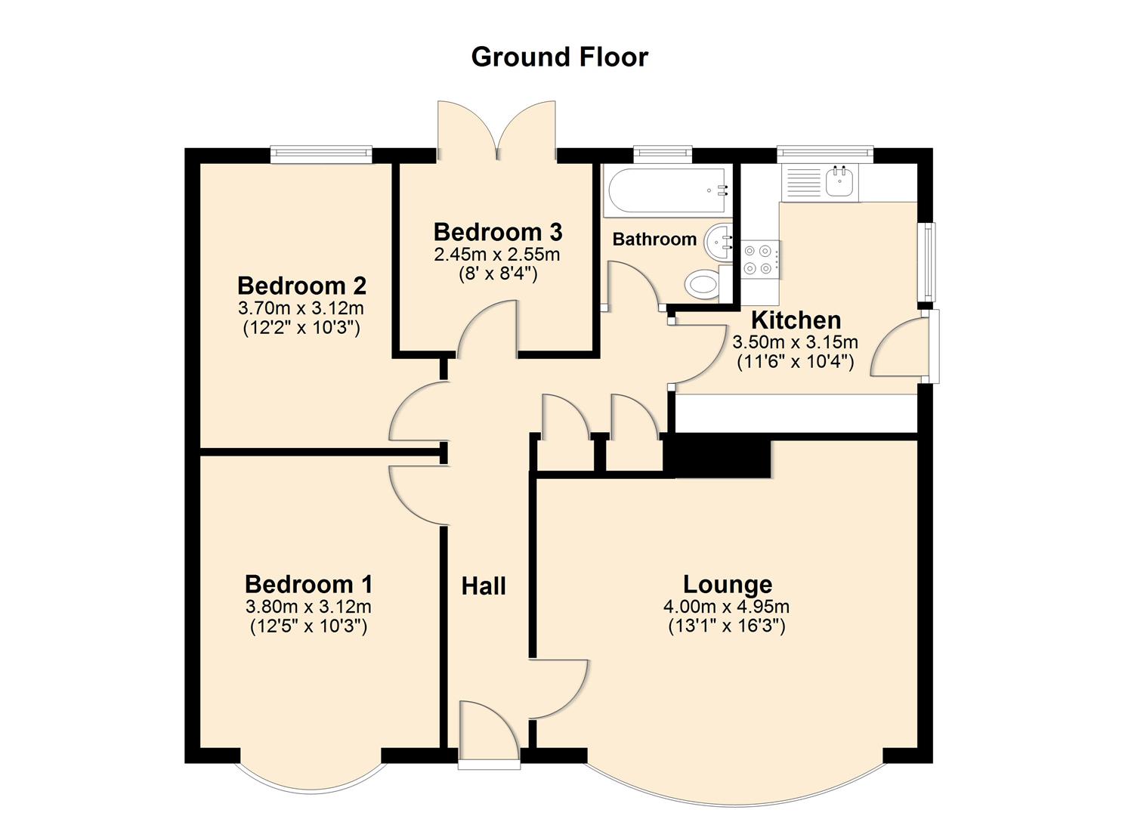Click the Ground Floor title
[559, 57]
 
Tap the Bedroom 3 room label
[497, 232]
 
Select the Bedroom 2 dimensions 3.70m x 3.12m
[301, 308]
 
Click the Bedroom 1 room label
[308, 584]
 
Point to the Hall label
[484, 586]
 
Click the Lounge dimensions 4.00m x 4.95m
[726, 606]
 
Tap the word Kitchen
[796, 320]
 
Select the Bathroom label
[654, 240]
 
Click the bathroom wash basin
[719, 242]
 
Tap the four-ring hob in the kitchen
[759, 258]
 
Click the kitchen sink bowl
[839, 182]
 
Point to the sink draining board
[803, 182]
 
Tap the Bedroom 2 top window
[321, 154]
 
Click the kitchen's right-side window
[926, 261]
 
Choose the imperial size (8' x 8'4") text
[497, 274]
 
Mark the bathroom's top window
[663, 154]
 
